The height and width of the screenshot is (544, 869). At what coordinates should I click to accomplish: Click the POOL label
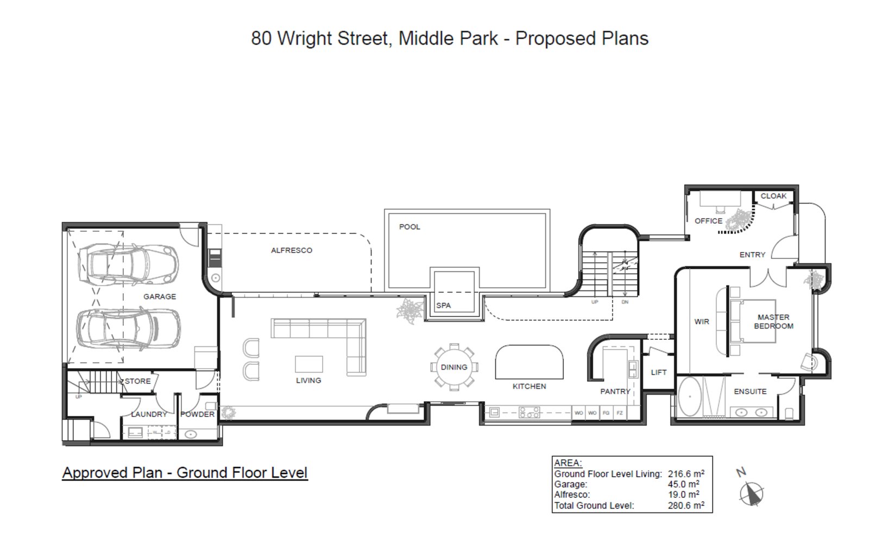[410, 227]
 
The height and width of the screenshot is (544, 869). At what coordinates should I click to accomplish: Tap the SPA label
[443, 306]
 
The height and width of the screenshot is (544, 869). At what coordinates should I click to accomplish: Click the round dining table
[454, 368]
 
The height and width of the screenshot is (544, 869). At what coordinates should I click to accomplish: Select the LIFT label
[658, 372]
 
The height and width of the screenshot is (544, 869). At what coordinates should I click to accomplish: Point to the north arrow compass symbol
[752, 493]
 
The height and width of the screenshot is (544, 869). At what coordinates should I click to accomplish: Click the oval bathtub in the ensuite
[690, 397]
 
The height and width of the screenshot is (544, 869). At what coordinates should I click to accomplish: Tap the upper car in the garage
[128, 263]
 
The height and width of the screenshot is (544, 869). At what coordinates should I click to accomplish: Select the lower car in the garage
[128, 328]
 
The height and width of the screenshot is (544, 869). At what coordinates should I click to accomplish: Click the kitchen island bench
[529, 362]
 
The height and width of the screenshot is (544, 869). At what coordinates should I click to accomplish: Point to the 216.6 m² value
[686, 474]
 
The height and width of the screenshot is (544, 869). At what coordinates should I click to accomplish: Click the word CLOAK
[773, 196]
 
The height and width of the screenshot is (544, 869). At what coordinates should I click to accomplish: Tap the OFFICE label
[708, 221]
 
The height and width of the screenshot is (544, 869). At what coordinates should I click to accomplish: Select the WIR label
[701, 322]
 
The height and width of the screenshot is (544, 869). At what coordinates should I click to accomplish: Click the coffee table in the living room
[308, 364]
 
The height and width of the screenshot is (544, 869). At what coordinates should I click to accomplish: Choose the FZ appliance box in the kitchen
[619, 413]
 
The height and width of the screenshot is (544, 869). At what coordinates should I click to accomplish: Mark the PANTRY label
[615, 391]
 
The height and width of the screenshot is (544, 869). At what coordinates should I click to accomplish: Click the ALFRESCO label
[292, 250]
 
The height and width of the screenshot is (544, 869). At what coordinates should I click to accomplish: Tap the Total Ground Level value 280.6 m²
[686, 505]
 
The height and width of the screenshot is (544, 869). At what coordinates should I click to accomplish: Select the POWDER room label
[197, 414]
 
